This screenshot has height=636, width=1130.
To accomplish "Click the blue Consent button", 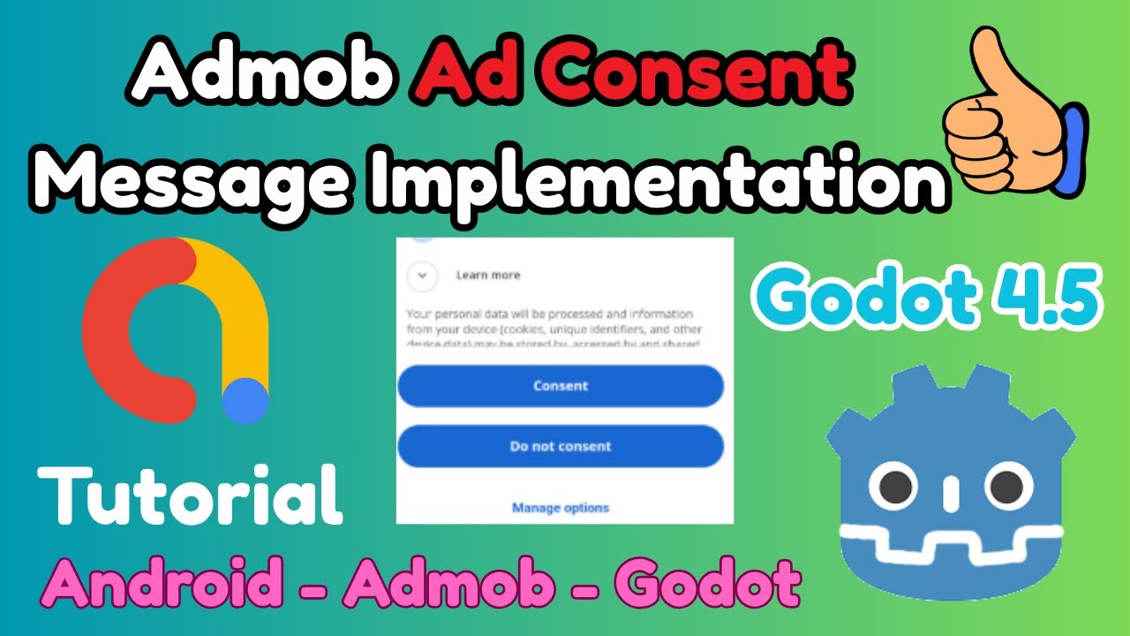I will click(x=561, y=386).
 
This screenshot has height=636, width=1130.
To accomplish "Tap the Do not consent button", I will click(x=561, y=446).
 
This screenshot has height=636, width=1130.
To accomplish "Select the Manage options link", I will click(x=561, y=508).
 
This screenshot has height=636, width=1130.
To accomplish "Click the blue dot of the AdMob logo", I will click(x=245, y=401).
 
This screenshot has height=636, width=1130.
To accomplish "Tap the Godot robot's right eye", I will click(x=1004, y=484).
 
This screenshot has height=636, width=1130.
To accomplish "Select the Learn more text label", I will click(x=487, y=276).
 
